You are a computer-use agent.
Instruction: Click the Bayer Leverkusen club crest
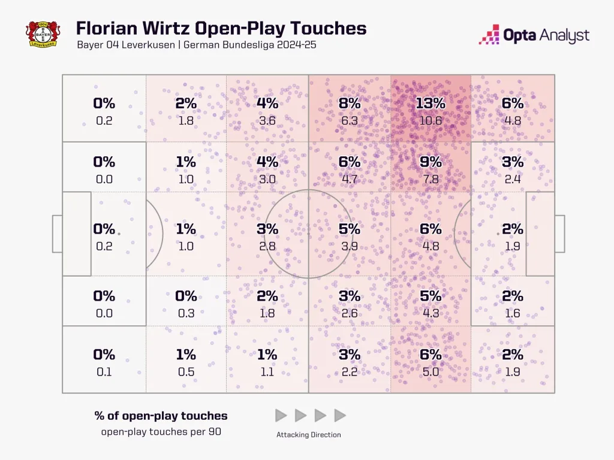pos(44,34)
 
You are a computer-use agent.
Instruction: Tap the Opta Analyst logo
pos(534,35)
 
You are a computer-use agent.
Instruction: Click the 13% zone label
pos(431,104)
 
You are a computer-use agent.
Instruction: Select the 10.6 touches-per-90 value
pos(431,120)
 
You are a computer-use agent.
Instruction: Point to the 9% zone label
pos(431,162)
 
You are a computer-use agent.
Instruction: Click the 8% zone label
pos(349,104)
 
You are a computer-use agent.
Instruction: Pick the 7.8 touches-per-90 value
pos(431,178)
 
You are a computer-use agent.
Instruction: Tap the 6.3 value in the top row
pos(349,120)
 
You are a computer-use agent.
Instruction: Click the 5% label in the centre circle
pos(349,229)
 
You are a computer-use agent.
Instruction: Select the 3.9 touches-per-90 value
pos(349,246)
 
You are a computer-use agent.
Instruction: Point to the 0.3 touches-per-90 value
pos(186,313)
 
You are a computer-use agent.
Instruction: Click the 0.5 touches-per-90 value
pos(186,372)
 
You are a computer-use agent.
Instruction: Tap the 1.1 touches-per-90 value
pos(267,372)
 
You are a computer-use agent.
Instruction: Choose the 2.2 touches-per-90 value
pos(349,372)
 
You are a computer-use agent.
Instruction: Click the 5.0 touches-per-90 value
pos(431,372)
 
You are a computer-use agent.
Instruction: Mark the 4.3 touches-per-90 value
pos(431,313)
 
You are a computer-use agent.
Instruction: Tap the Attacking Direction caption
pos(309,435)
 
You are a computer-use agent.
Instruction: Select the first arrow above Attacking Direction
pos(281,415)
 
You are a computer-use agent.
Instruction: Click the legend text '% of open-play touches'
pos(161,416)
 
